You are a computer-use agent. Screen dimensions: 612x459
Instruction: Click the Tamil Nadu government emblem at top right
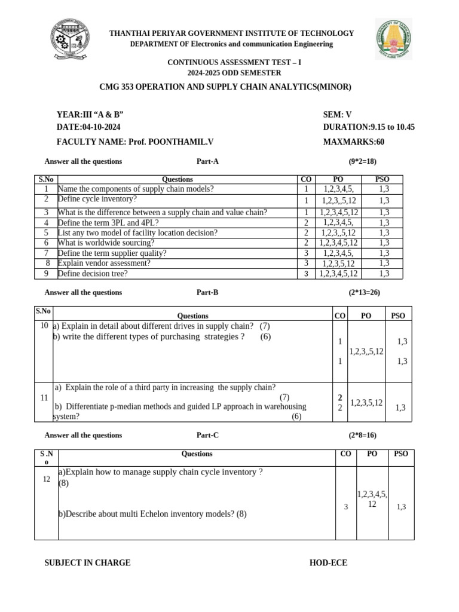pos(393,39)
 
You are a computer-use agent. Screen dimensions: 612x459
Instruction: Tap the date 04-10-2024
pos(88,127)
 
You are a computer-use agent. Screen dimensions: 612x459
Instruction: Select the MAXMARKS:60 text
pos(353,142)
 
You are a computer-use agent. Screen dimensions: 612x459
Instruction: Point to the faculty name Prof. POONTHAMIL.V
pos(134,142)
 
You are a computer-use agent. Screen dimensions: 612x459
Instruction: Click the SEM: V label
pos(337,115)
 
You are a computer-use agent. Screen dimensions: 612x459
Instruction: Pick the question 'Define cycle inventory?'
pos(97,199)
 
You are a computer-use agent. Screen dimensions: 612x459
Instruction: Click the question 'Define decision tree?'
pos(93,274)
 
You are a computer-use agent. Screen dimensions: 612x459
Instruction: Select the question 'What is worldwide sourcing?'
pos(106,243)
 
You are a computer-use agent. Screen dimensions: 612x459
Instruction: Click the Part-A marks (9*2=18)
pos(363,161)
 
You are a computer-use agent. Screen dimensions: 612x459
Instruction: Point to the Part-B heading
pos(207,292)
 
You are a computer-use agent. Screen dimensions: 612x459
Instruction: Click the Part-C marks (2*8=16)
pos(363,435)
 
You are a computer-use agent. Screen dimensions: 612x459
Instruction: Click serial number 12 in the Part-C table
pos(46,479)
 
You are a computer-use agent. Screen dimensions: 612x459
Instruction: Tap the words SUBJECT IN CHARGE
pos(87,563)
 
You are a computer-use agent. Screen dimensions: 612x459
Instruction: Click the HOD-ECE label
pos(328,563)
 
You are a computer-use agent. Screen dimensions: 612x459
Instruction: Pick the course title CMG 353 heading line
pos(225,87)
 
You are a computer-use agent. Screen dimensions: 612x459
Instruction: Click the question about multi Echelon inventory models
pos(152,513)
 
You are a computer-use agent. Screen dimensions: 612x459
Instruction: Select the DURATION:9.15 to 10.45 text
pos(369,127)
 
